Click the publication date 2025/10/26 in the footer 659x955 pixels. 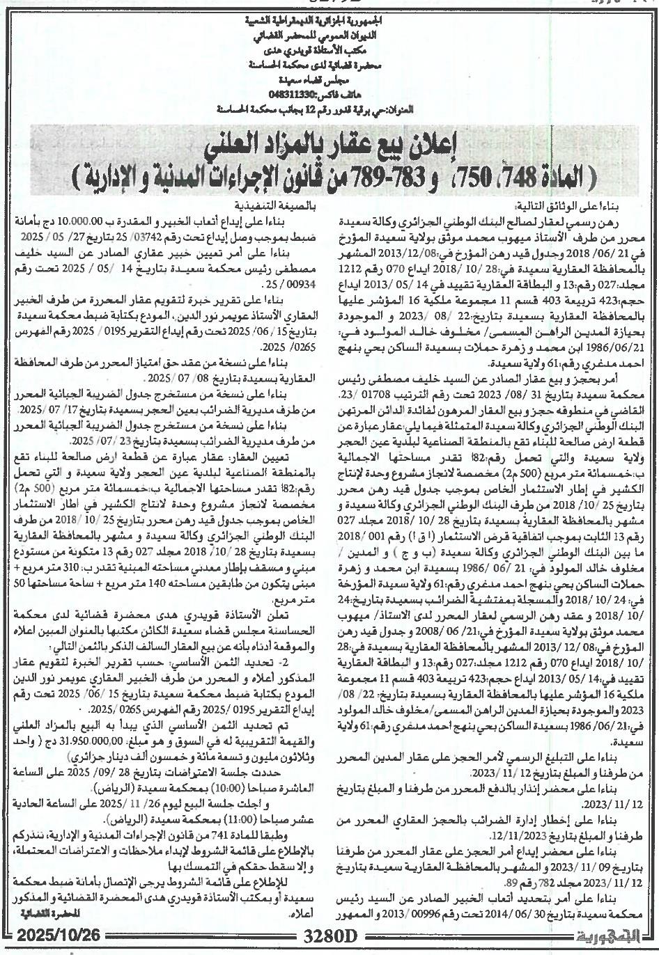point(52,945)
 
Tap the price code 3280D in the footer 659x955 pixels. point(329,945)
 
